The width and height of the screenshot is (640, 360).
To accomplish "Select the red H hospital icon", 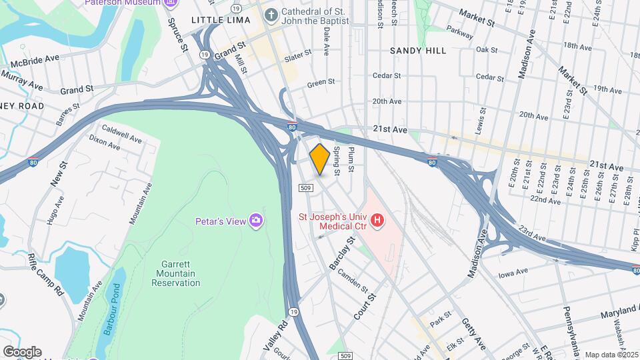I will click(378, 220).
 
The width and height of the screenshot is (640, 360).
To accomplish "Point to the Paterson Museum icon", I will click(171, 3).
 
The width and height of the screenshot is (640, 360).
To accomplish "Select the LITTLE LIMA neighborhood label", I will click(217, 20).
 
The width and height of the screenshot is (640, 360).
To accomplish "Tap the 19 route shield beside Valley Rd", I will click(293, 311).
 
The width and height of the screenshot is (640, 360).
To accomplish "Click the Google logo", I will click(22, 351).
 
